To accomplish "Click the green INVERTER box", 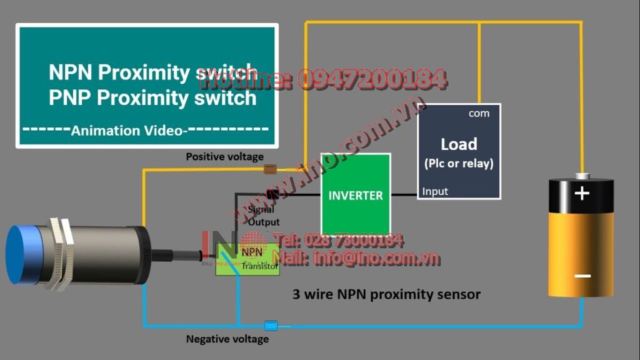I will [x=356, y=194].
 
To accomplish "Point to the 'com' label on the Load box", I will [x=479, y=113].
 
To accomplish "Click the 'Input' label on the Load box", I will [x=435, y=191].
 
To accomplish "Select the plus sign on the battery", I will [x=582, y=193].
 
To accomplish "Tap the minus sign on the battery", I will [x=582, y=276].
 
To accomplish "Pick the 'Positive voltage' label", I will [x=224, y=157].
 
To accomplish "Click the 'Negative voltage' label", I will [x=227, y=339].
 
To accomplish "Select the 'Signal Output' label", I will [x=263, y=216].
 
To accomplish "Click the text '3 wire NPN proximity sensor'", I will [x=386, y=294].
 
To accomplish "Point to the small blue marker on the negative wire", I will [x=271, y=325].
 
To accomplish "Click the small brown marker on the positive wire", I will [x=271, y=169].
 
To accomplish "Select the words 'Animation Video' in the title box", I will [x=127, y=131].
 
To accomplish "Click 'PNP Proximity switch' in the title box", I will [x=152, y=98].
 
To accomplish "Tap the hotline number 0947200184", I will [x=371, y=79].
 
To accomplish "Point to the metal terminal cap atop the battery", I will [x=582, y=176].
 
